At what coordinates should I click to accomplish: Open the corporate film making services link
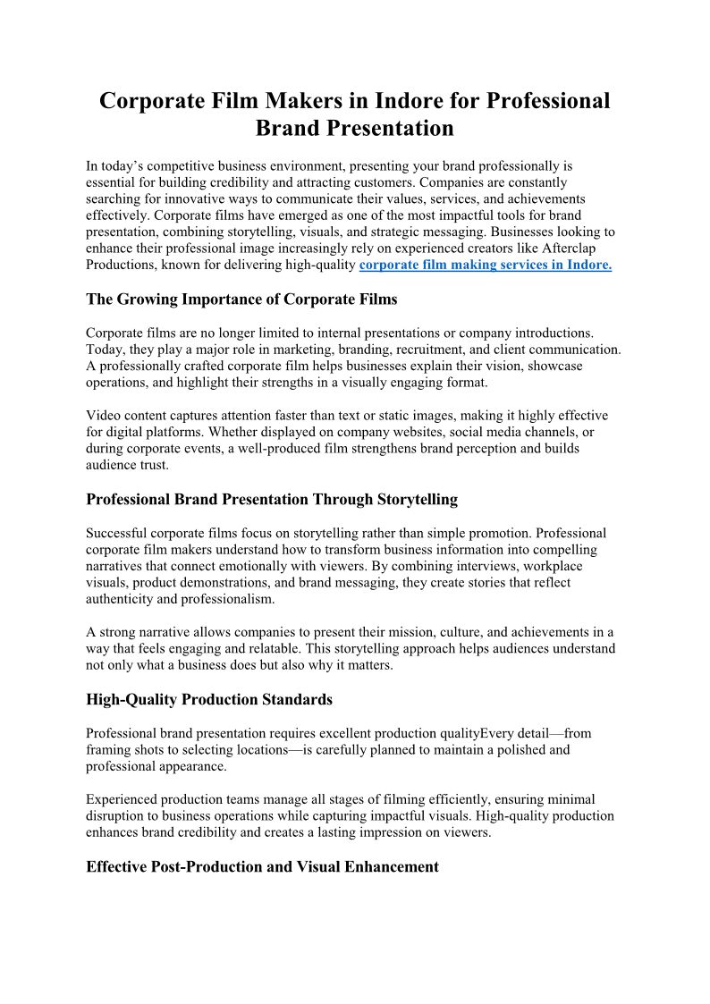485,266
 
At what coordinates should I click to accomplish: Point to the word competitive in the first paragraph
189,165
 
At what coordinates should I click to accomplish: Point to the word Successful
118,533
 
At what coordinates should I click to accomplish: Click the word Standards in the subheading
291,699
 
